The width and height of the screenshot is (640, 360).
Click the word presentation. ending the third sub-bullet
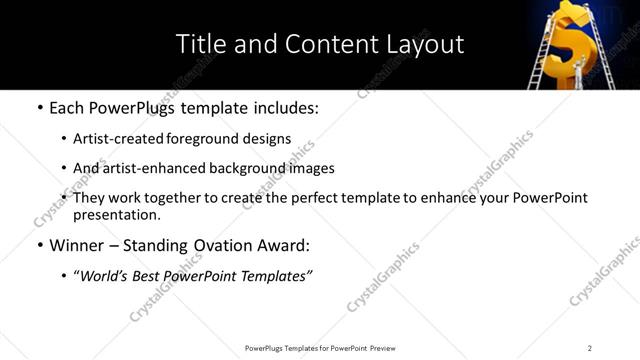tap(117, 215)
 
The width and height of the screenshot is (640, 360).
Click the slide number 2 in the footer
tap(590, 348)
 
